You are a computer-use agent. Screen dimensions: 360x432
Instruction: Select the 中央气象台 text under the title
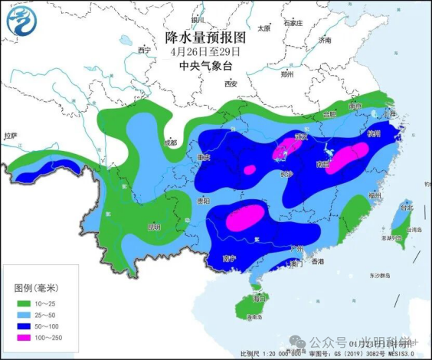point(206,66)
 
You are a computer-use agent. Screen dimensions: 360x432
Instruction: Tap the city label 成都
point(169,142)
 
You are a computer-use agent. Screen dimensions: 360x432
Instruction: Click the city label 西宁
point(144,50)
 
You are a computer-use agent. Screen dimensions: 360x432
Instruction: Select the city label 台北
point(407,208)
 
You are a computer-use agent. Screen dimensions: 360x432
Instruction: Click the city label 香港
point(317,262)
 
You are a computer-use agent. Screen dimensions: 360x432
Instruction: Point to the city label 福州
point(374,196)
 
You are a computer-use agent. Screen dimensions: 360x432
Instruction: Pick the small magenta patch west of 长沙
point(249,169)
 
